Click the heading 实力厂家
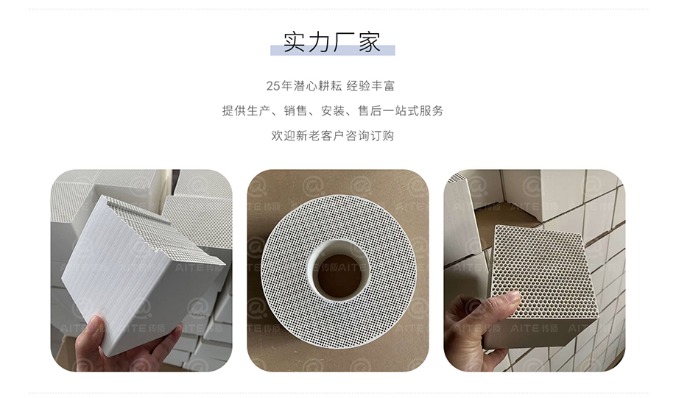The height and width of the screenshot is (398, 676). (x=332, y=41)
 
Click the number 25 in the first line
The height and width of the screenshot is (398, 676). (x=273, y=86)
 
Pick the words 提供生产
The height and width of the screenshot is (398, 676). (x=246, y=111)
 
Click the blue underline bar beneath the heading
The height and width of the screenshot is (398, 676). (x=332, y=50)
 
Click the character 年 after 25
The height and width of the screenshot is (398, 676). (x=286, y=86)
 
